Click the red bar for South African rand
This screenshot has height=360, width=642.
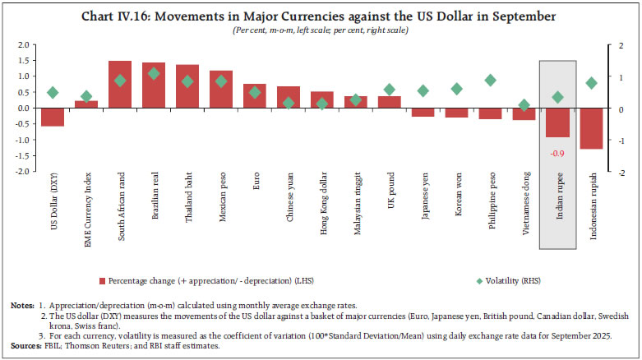pos(120,85)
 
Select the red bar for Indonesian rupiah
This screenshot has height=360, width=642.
pos(591,128)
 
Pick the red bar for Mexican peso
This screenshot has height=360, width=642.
pos(221,90)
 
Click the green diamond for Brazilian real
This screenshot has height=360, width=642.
pos(154,73)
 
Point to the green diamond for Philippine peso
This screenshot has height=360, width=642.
pos(491,80)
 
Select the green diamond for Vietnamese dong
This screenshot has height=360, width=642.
pos(524,105)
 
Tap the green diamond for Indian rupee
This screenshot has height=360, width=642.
pos(558,97)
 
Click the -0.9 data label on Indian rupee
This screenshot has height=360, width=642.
pos(557,153)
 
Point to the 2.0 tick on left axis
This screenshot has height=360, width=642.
pos(23,44)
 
